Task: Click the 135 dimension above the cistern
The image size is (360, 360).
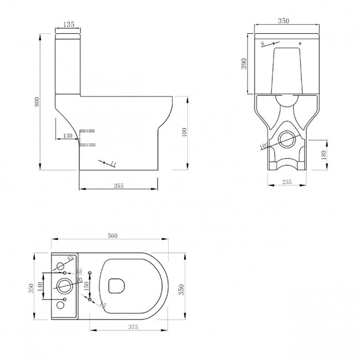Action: pos(68,25)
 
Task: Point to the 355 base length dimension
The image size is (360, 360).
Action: pos(118,186)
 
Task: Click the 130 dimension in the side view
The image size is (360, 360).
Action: pos(67,136)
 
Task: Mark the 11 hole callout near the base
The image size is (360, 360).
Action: pos(112,163)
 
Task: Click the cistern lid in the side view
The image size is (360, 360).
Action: pos(68,35)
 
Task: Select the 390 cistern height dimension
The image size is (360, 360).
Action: pos(243,64)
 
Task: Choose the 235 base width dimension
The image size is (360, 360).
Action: pos(287,183)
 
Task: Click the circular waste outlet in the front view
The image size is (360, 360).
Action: pos(287,139)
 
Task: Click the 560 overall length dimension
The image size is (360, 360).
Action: pos(112,236)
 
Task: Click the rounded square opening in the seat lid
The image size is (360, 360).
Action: pos(118,287)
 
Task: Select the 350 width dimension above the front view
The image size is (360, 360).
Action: pos(283,21)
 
